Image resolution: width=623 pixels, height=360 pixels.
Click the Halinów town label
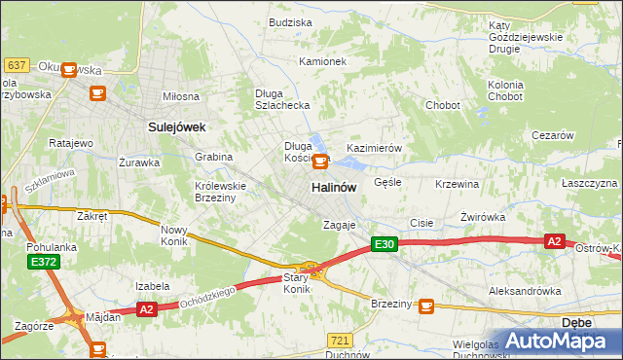(333, 187)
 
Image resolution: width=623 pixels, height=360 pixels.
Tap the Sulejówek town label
(175, 126)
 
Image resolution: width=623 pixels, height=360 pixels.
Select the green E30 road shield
(384, 245)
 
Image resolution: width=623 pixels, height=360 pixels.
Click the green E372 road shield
(43, 262)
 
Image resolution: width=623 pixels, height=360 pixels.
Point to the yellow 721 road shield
(339, 340)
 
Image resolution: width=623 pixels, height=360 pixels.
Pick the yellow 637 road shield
(17, 64)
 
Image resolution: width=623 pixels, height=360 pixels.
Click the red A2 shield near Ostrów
(554, 241)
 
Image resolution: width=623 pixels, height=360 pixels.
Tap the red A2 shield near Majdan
(147, 309)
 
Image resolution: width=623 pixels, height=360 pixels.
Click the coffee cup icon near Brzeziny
(425, 306)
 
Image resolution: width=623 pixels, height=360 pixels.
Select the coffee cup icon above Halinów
(319, 162)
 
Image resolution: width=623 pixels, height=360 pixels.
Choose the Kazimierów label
(374, 147)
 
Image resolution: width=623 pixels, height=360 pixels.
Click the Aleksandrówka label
(525, 291)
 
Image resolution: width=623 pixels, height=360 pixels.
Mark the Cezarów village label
(552, 135)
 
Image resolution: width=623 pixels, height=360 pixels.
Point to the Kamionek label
(323, 61)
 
